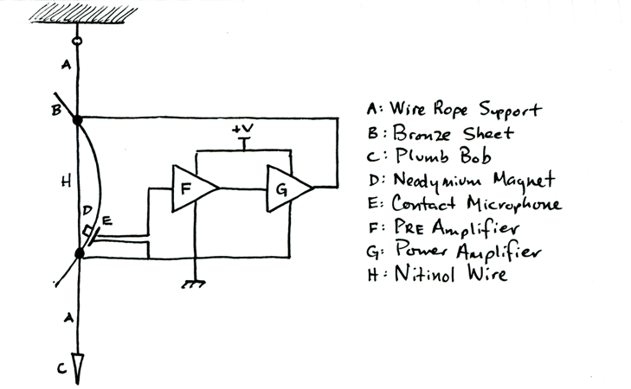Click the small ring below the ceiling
(77, 39)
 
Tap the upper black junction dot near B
(77, 119)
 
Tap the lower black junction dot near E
(80, 253)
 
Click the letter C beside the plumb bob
(61, 368)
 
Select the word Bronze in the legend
(422, 134)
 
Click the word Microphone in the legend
(511, 205)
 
